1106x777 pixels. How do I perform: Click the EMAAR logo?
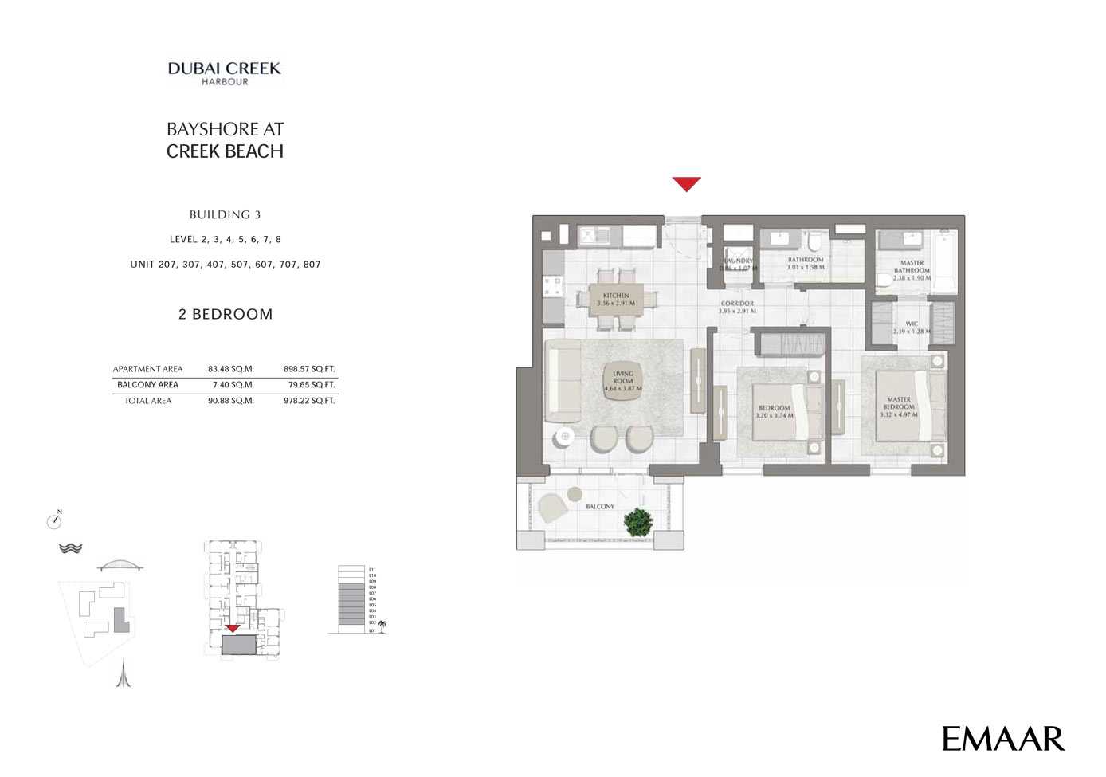click(1002, 739)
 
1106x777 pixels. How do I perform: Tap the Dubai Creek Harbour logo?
click(225, 73)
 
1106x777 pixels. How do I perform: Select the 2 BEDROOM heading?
click(226, 314)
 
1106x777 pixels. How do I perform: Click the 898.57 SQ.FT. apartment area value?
click(309, 369)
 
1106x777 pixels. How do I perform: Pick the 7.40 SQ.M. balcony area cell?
click(233, 385)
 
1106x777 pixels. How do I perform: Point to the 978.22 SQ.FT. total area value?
click(309, 401)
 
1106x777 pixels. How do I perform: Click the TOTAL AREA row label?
click(148, 401)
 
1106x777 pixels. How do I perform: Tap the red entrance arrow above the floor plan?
click(686, 184)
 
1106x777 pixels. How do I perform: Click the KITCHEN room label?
click(616, 296)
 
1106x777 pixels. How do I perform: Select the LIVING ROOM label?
click(623, 377)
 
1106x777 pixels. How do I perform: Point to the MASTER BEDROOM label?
click(899, 403)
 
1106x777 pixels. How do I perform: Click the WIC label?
click(912, 324)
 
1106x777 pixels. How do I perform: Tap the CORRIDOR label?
click(737, 304)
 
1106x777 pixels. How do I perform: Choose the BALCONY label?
click(600, 507)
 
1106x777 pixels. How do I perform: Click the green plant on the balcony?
click(638, 523)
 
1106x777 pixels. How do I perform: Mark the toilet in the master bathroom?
click(884, 280)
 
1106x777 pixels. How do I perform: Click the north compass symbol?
click(54, 521)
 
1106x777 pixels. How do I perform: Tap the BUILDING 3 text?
click(226, 214)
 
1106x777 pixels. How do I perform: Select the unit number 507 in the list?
click(239, 265)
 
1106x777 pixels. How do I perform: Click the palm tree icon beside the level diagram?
click(382, 626)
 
